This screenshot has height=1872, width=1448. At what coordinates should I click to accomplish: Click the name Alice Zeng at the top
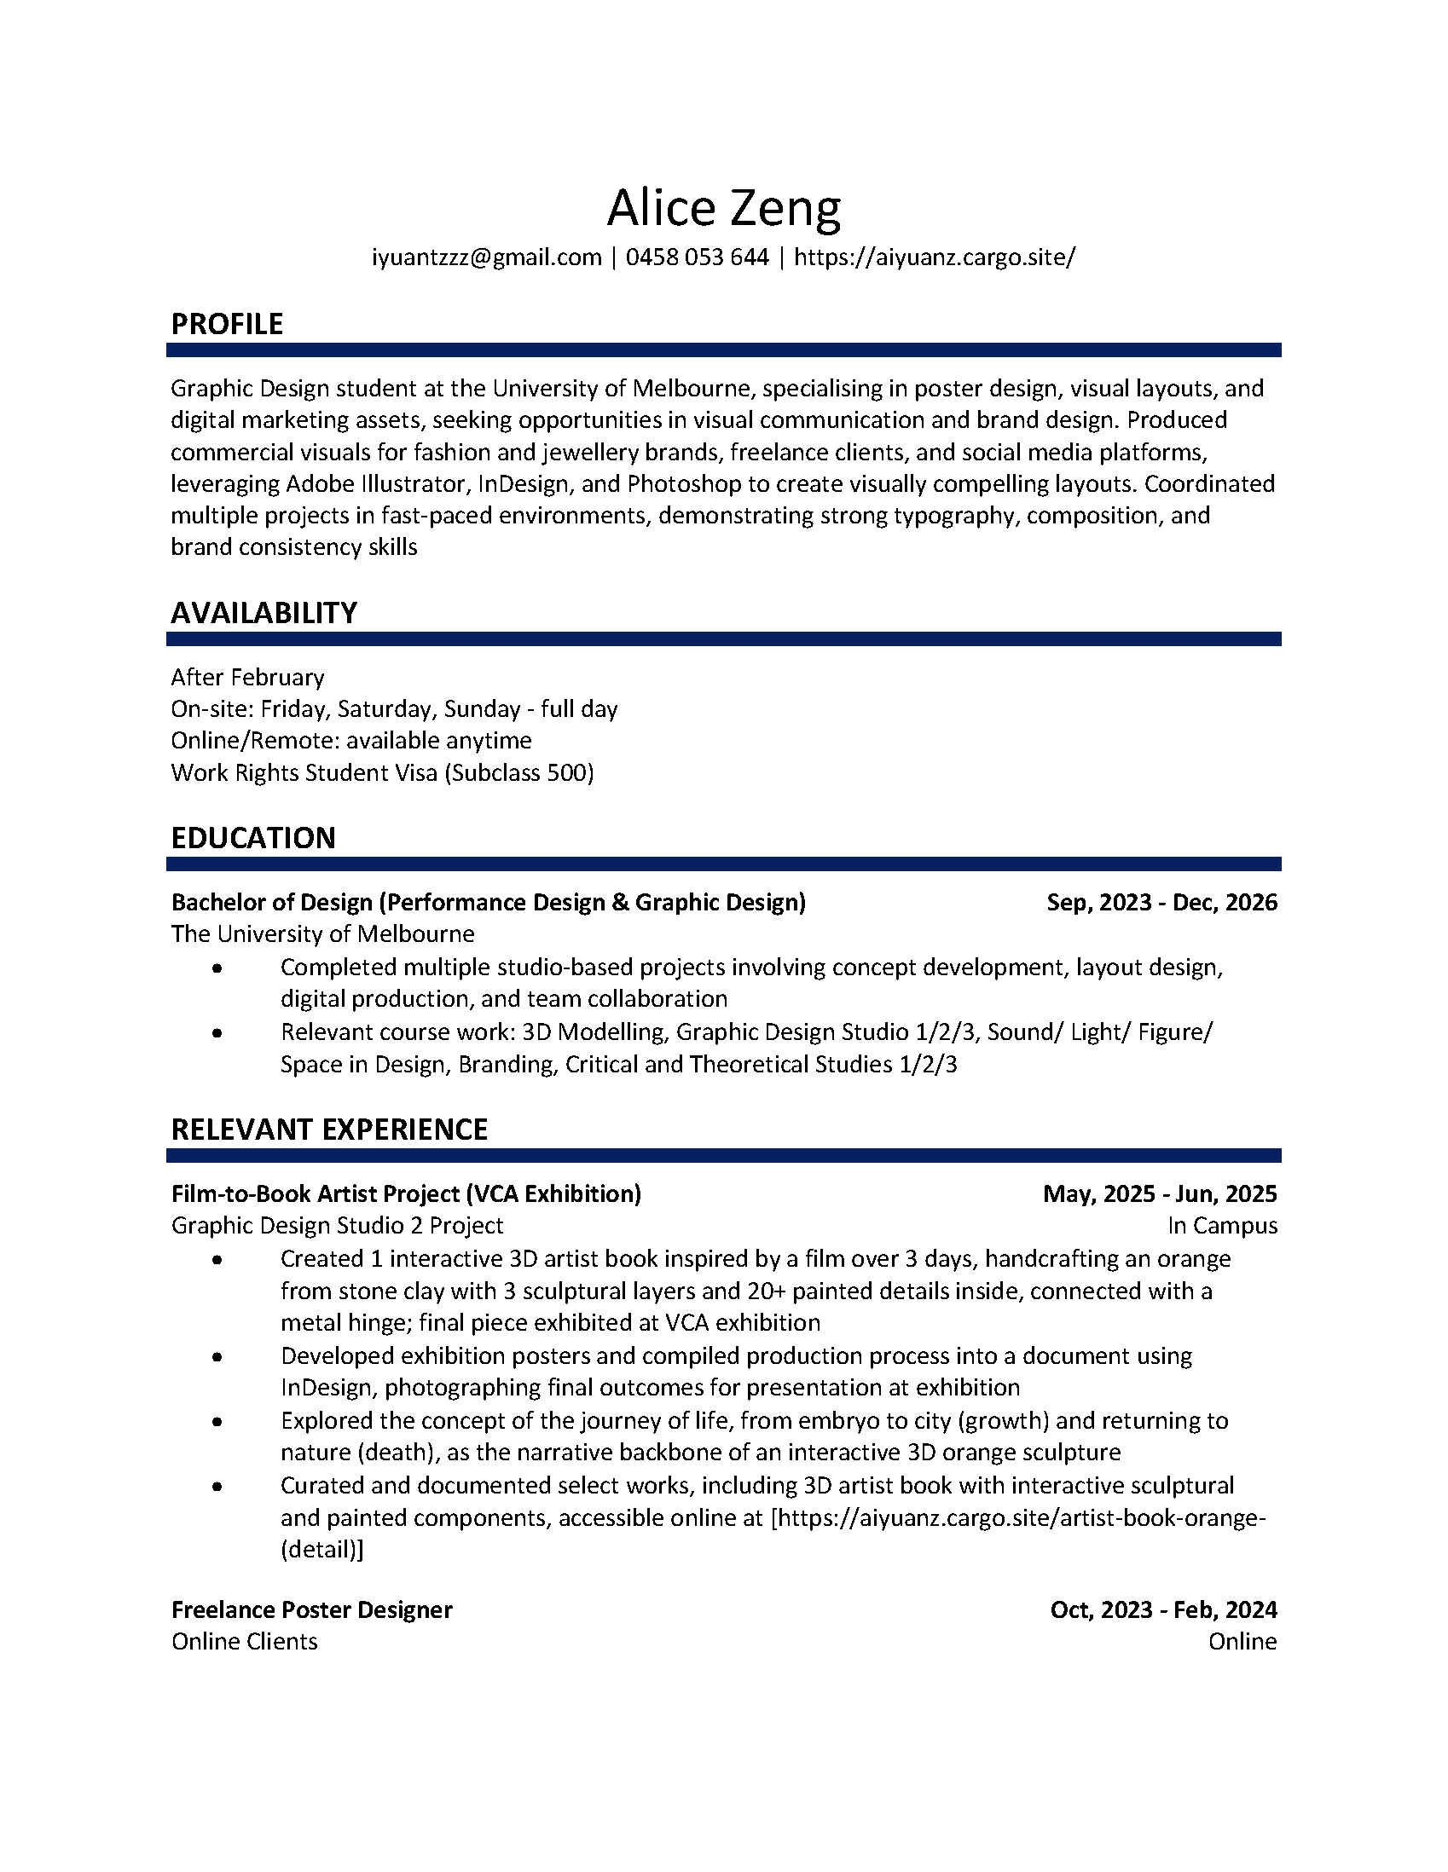pyautogui.click(x=723, y=208)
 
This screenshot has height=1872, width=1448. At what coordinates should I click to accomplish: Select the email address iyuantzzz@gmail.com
pyautogui.click(x=486, y=257)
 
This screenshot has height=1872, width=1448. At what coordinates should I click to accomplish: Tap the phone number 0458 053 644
pyautogui.click(x=697, y=257)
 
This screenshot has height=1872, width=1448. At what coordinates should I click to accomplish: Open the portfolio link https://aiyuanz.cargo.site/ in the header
pyautogui.click(x=935, y=257)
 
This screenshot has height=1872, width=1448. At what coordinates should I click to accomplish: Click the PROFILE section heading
pyautogui.click(x=227, y=324)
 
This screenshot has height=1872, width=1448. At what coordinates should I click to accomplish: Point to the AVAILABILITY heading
pyautogui.click(x=264, y=613)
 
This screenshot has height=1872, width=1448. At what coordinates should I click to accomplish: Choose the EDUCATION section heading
pyautogui.click(x=253, y=837)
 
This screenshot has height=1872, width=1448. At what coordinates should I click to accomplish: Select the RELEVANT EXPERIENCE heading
pyautogui.click(x=329, y=1129)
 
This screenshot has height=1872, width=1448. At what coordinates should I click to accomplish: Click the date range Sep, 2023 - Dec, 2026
pyautogui.click(x=1161, y=902)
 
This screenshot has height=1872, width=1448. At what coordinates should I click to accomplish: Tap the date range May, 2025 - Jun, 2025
pyautogui.click(x=1160, y=1193)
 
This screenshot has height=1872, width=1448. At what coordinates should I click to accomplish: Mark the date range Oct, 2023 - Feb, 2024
pyautogui.click(x=1163, y=1609)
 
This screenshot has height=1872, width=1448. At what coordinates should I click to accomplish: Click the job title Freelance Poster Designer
pyautogui.click(x=312, y=1609)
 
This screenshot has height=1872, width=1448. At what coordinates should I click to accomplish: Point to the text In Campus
pyautogui.click(x=1222, y=1226)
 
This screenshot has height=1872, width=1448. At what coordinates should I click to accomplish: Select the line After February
pyautogui.click(x=248, y=677)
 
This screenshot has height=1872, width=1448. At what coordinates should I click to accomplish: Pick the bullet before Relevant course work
pyautogui.click(x=217, y=1034)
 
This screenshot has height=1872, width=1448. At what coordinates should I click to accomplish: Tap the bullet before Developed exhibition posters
pyautogui.click(x=217, y=1358)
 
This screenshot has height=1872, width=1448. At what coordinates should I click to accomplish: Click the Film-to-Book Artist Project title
pyautogui.click(x=407, y=1193)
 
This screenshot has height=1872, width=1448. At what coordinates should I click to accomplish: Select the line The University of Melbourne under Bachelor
pyautogui.click(x=322, y=933)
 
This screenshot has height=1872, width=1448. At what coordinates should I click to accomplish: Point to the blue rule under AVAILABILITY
pyautogui.click(x=723, y=638)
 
